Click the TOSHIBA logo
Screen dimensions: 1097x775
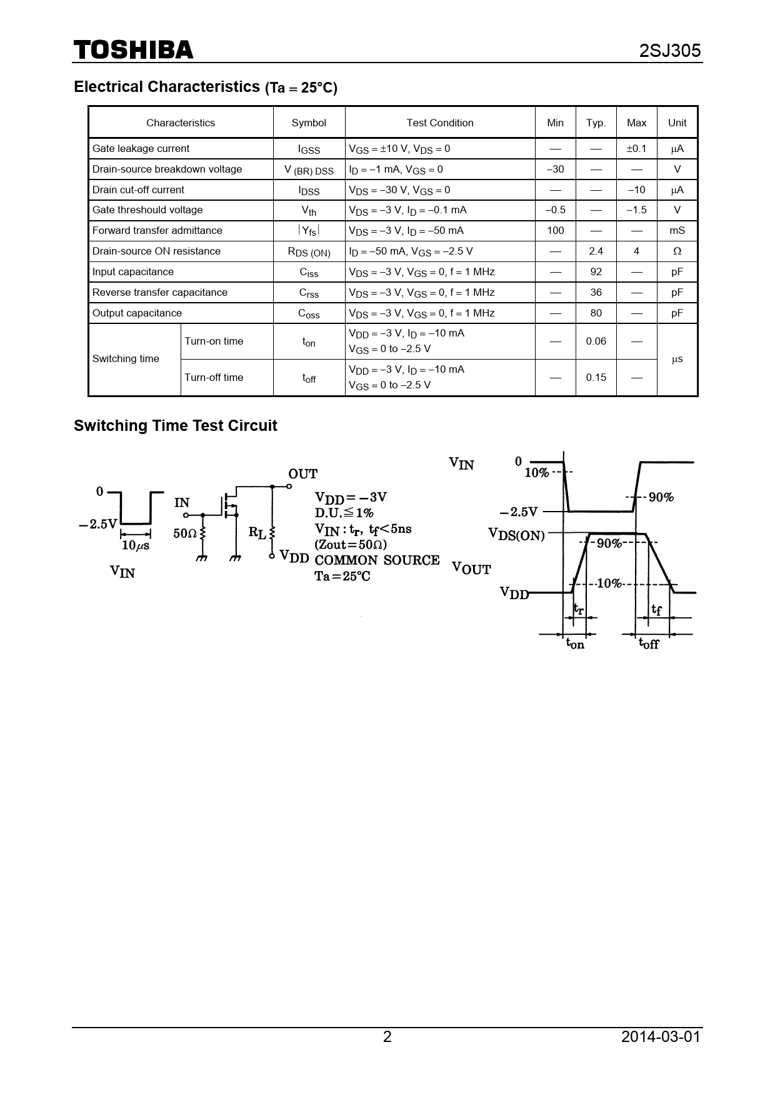coord(134,50)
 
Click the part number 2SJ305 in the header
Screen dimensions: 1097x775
coord(669,51)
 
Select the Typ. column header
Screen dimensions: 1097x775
coord(596,123)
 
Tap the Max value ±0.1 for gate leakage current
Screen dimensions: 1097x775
coord(636,149)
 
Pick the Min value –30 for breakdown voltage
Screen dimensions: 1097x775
coord(555,169)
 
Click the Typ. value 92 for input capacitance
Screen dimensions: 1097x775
coord(596,272)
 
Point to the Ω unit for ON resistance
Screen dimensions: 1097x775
coord(677,251)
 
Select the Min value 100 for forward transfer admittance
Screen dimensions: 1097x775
coord(555,231)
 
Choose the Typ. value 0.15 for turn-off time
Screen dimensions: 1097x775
coord(596,378)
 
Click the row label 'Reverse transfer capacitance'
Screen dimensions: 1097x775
coord(160,293)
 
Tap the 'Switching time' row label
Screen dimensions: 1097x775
coord(126,359)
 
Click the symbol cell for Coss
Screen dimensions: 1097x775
coord(309,313)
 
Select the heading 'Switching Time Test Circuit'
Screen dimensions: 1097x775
coord(175,426)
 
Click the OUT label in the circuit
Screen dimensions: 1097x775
coord(302,474)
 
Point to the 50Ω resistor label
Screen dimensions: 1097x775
coord(185,533)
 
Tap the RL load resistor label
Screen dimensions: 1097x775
coord(257,533)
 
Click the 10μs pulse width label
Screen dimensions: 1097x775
coord(136,545)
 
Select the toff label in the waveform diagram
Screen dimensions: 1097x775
coord(649,643)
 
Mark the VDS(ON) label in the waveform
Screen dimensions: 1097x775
coord(516,535)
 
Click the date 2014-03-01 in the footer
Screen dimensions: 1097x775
coord(661,1037)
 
